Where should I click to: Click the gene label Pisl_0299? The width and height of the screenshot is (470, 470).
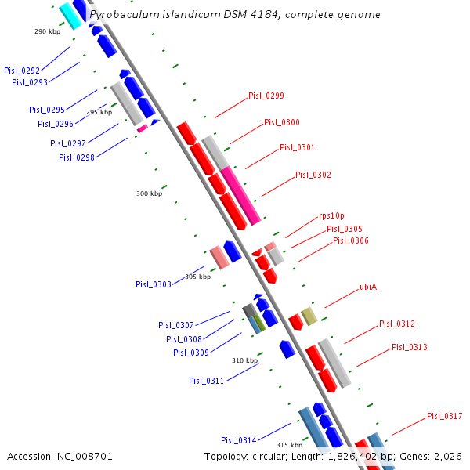click(x=266, y=96)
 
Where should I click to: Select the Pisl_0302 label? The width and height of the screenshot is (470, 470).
click(x=313, y=175)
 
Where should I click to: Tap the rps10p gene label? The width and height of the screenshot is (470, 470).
click(x=331, y=215)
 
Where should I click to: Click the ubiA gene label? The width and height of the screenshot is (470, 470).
click(x=368, y=287)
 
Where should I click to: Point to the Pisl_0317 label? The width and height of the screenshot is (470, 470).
click(x=444, y=416)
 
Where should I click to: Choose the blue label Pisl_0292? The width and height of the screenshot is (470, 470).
click(x=21, y=70)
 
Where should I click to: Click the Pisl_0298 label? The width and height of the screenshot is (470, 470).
click(x=76, y=157)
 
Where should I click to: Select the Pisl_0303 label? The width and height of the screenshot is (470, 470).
click(x=153, y=284)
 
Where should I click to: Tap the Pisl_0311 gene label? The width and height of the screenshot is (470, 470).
click(x=206, y=381)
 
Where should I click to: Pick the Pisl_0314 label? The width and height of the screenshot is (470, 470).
click(x=238, y=440)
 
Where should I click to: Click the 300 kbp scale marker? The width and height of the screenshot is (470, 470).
click(x=149, y=193)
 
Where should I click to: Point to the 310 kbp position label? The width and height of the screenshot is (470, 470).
click(x=244, y=360)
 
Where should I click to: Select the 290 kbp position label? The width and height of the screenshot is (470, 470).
click(x=47, y=31)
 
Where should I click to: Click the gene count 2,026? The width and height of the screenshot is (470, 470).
click(x=449, y=456)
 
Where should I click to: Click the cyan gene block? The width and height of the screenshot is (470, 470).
click(x=70, y=15)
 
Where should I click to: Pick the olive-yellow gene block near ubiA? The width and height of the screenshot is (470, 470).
click(x=309, y=316)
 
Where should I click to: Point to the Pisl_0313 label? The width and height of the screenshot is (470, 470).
click(x=409, y=347)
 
